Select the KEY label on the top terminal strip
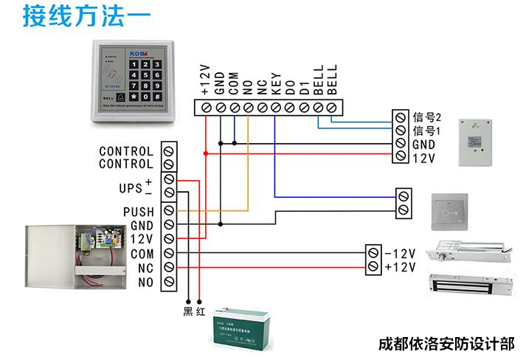(275, 83)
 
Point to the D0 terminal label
(289, 86)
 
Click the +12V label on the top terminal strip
(206, 80)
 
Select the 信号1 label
(426, 131)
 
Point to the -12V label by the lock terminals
(400, 253)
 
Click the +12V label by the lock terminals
(400, 266)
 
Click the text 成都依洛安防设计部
(444, 345)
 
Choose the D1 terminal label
(303, 87)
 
